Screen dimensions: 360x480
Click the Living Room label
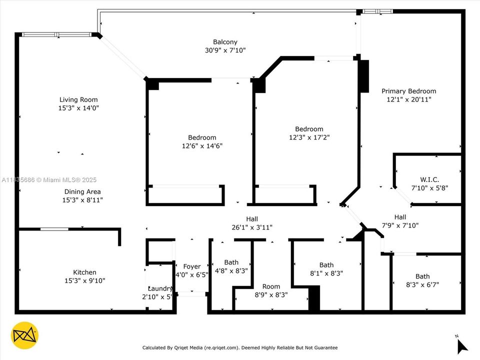[x=78, y=99]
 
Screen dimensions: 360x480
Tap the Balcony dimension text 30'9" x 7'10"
[x=225, y=50]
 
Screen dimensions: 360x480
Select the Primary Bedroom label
[x=408, y=91]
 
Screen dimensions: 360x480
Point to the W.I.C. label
[x=428, y=179]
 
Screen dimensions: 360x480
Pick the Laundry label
[x=160, y=288]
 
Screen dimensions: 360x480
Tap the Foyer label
[x=191, y=266]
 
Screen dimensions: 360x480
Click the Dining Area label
[x=82, y=191]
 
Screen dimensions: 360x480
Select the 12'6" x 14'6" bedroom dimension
[x=202, y=146]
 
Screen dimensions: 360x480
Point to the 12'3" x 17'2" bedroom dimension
[x=309, y=137]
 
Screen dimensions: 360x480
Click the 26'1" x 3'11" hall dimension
[x=252, y=227]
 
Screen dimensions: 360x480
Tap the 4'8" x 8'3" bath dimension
[x=231, y=270]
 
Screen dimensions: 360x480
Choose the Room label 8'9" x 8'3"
[x=271, y=286]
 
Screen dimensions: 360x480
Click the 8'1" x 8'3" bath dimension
[x=326, y=273]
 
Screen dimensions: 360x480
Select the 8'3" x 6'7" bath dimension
[x=422, y=284]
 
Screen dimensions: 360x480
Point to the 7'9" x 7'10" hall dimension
[x=399, y=225]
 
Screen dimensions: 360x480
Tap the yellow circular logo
[x=24, y=335]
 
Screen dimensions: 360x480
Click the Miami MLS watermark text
[x=49, y=180]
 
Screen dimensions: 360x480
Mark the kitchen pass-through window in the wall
[x=54, y=229]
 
